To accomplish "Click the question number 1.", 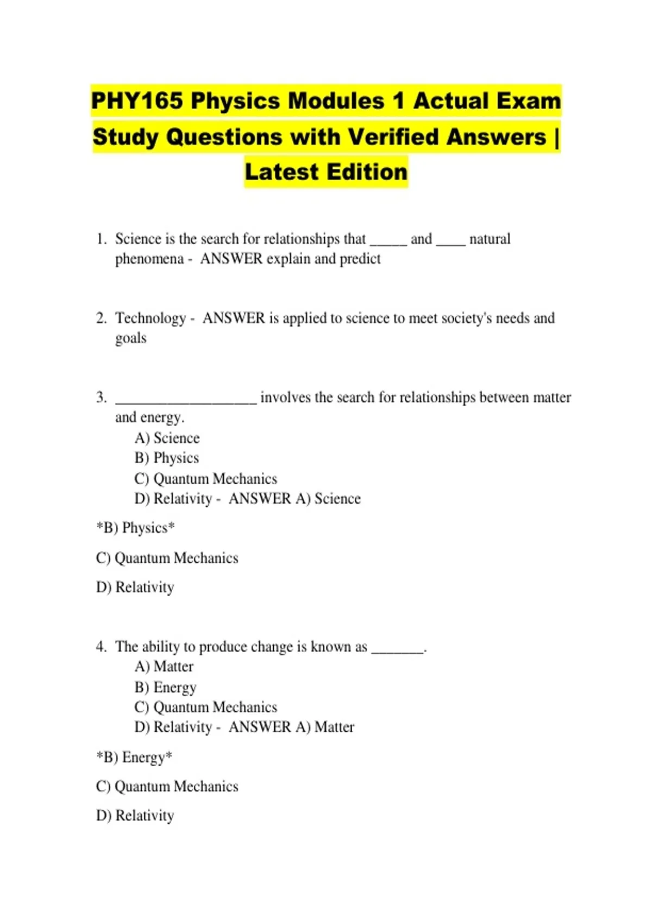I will point(101,239).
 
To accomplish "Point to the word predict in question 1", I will point(360,259).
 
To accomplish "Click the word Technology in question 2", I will point(151,318).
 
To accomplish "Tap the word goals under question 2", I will point(130,338).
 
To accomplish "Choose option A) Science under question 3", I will point(167,438).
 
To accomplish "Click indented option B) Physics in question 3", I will point(166,458).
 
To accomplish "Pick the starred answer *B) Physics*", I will point(135,528).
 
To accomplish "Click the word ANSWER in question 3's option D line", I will point(260,499).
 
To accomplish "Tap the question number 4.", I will point(101,647).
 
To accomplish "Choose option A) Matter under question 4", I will point(164,667).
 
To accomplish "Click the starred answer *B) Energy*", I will point(134,757).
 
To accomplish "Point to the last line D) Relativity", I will point(135,815).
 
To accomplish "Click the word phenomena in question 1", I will point(149,259).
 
